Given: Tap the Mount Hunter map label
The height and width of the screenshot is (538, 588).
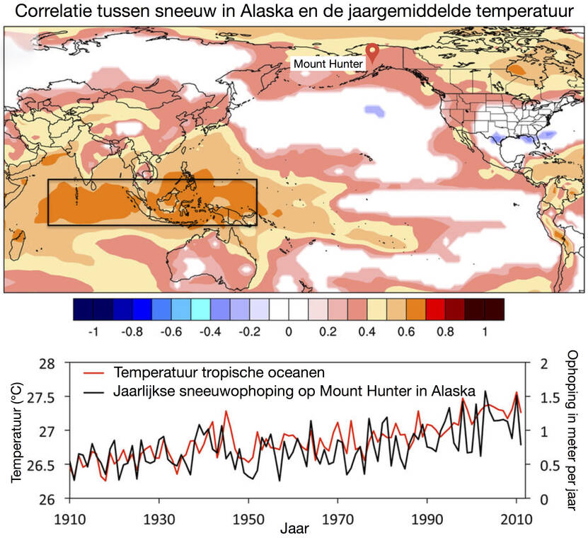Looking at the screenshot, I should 328,64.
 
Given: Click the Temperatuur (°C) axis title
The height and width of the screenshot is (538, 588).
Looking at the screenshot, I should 16,431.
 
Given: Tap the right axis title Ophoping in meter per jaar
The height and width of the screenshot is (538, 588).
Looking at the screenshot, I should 573,430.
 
